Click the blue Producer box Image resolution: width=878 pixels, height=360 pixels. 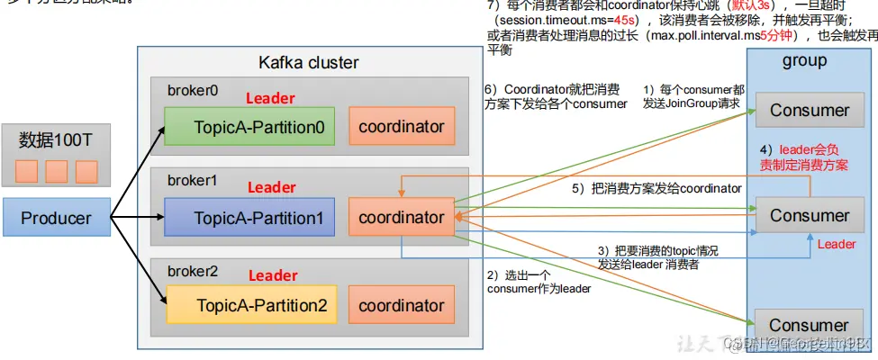coord(56,219)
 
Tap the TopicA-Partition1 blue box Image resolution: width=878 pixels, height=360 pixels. coord(248,217)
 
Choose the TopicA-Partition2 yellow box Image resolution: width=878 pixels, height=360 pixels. coord(248,305)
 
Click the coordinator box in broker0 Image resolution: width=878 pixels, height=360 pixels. coord(402,127)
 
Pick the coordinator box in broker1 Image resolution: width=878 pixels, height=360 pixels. coord(402,217)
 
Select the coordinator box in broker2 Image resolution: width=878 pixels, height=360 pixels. coord(402,305)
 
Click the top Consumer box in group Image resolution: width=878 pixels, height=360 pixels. coord(809,111)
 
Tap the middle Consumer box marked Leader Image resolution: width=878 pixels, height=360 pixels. coord(809,216)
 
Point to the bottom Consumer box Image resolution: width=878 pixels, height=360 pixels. coord(809,325)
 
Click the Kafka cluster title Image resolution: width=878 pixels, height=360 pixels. coord(308,63)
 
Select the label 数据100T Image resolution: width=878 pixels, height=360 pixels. coord(56,141)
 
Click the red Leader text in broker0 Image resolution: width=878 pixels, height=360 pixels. coord(270,98)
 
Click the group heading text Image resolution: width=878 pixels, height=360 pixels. coord(804,61)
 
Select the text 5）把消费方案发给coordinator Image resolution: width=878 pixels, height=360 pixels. coord(656,189)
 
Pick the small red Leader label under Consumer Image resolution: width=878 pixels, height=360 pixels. coord(836,244)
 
